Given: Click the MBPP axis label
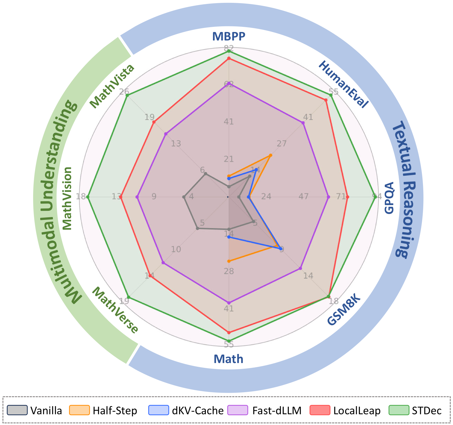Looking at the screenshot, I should (229, 36).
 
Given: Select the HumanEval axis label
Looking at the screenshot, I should (343, 84).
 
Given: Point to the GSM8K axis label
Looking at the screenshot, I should (344, 310).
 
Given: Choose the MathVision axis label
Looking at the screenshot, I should (67, 198).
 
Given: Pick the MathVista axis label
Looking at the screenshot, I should (112, 86).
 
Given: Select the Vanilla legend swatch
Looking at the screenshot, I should (17, 410).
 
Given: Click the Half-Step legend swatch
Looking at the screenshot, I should (80, 410).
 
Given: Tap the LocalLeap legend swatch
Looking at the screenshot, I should (320, 410).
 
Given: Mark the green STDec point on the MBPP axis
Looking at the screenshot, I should (229, 51).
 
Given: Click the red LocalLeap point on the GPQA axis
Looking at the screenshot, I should (347, 197).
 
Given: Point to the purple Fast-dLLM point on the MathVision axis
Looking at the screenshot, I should (137, 197).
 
